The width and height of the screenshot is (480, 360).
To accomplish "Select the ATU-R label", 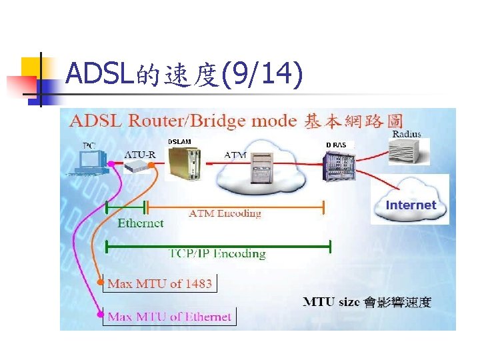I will click(x=140, y=155).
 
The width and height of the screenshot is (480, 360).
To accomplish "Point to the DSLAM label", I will click(x=179, y=141).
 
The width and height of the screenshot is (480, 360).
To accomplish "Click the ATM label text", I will click(x=235, y=155).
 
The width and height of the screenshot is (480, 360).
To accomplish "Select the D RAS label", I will click(x=336, y=145).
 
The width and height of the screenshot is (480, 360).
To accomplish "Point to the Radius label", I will click(x=406, y=133).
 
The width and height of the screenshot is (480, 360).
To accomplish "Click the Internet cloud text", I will click(x=411, y=205).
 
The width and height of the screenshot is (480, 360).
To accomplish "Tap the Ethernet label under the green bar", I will click(x=140, y=223).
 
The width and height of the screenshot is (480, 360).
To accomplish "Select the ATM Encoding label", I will click(x=225, y=213).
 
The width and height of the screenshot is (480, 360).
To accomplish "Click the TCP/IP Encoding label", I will click(x=217, y=253).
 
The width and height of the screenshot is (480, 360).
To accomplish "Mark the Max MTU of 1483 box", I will click(x=159, y=283).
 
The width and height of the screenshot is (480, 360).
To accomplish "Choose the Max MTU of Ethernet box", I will click(x=169, y=317).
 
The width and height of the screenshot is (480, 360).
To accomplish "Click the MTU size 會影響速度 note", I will click(x=367, y=303).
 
